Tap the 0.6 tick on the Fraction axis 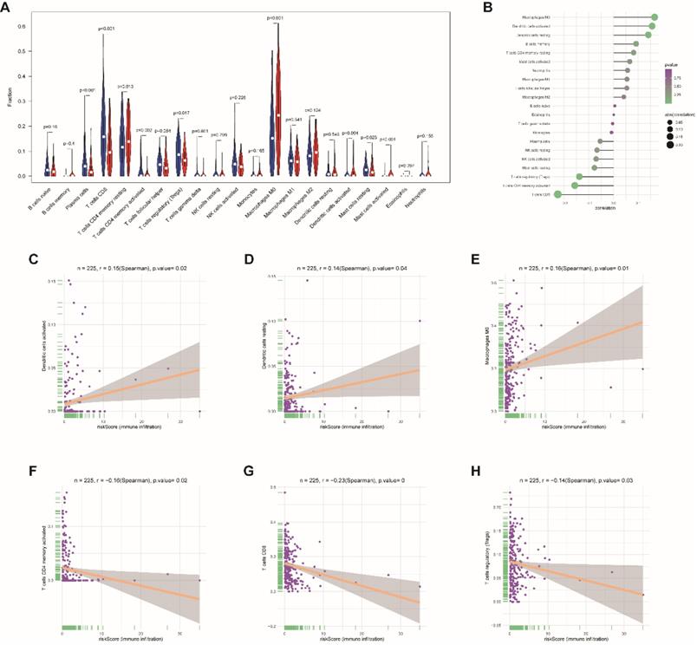(x=31, y=26)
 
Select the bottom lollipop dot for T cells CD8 (x=558, y=194)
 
